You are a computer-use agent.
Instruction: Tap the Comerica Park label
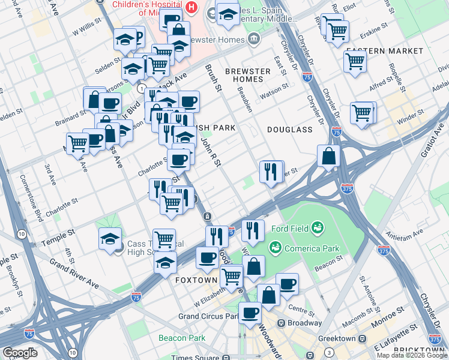coord(312,248)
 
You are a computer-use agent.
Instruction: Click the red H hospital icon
coord(191,7)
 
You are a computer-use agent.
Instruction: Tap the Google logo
coord(20,352)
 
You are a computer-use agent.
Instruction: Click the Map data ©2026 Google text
coord(411,355)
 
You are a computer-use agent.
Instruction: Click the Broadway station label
coord(304,323)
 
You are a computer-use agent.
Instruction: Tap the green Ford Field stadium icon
coord(318,227)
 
